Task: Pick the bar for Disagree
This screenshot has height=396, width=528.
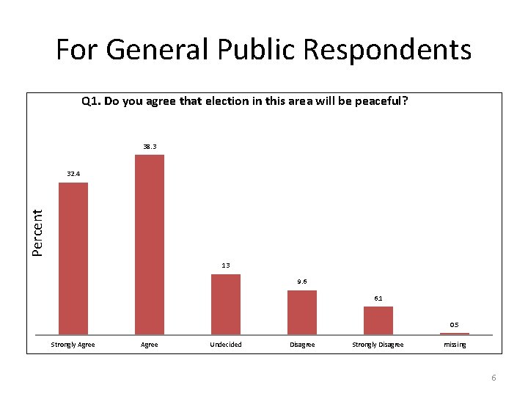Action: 301,312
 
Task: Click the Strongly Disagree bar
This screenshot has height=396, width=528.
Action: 378,320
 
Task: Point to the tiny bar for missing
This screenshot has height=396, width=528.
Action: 454,334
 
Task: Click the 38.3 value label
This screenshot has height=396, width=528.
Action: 149,147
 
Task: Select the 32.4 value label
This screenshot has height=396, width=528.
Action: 73,175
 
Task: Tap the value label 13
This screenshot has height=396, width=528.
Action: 225,265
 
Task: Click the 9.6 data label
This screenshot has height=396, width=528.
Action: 301,282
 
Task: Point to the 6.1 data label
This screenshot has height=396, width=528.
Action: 378,298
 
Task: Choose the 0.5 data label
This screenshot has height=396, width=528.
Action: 454,325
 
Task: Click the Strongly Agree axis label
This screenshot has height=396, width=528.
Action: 73,345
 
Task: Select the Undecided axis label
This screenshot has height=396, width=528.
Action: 225,345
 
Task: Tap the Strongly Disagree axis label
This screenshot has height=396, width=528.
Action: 378,345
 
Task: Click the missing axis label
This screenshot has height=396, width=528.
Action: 454,345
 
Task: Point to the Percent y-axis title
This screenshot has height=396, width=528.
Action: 38,232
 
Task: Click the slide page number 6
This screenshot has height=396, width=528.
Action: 494,378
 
